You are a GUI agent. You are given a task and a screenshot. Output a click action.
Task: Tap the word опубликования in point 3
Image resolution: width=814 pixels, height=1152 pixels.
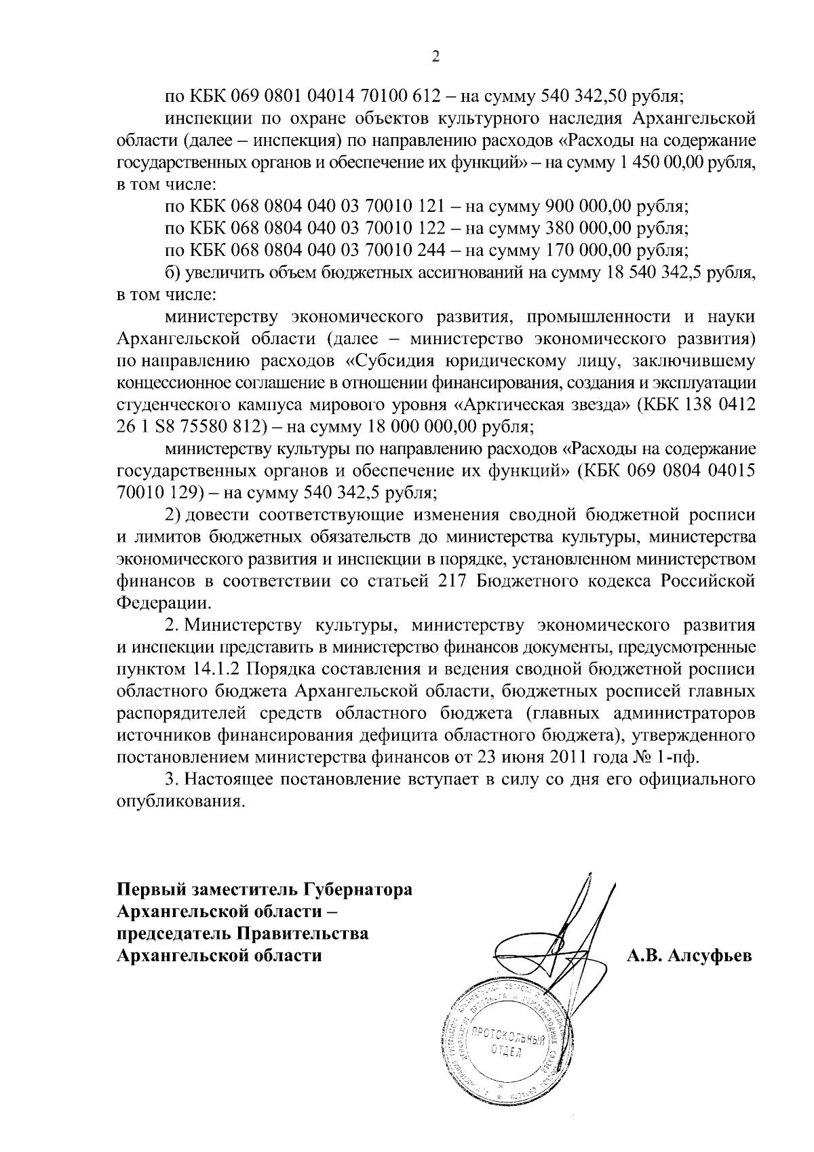click(x=180, y=801)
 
